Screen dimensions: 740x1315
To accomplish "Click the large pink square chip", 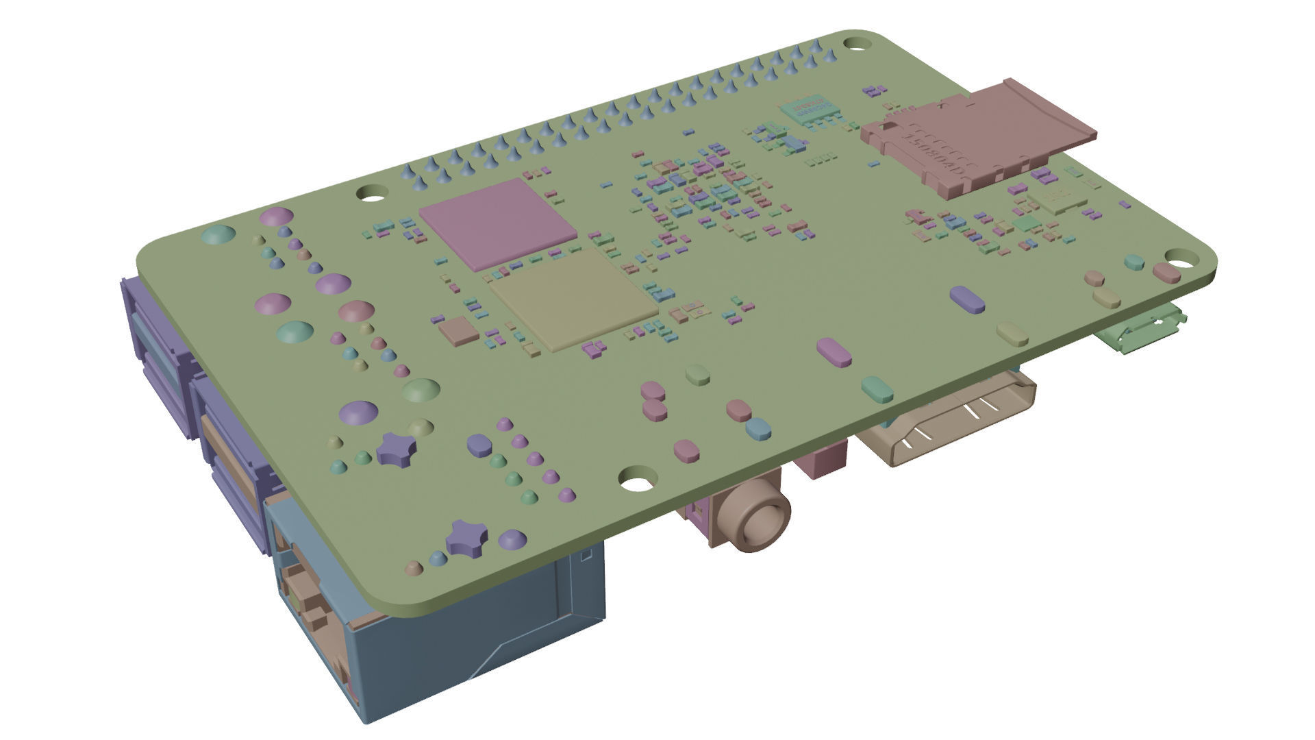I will point(499,221).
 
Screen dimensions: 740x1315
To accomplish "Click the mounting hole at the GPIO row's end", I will point(855,43).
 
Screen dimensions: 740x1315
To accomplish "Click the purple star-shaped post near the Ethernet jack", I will point(466,536).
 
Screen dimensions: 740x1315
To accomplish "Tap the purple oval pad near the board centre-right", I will point(968,299).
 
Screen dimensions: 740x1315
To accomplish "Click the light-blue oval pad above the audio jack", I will point(758,428).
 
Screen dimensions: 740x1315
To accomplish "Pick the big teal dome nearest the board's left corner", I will point(218,234).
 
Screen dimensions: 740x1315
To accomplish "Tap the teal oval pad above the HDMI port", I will point(877,388).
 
